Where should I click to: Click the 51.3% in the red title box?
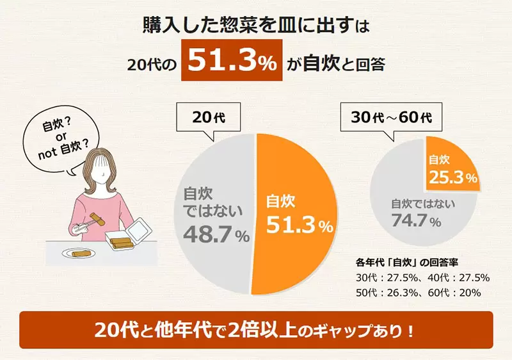(x=232, y=63)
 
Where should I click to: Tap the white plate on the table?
(x=81, y=252)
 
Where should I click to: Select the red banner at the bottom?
(x=256, y=331)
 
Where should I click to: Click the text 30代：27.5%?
(x=381, y=277)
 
